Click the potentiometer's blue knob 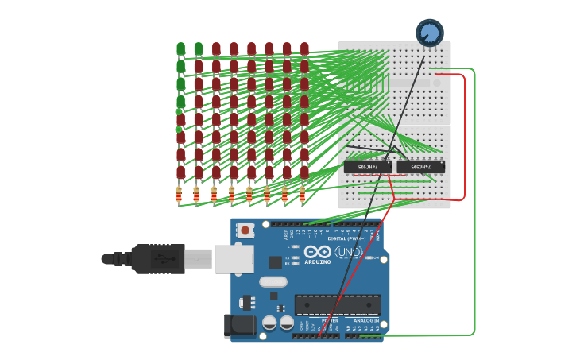coord(429,33)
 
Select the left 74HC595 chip coord(367,166)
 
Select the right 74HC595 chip coord(420,166)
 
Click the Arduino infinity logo coord(318,252)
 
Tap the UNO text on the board coord(348,252)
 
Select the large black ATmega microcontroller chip coord(338,304)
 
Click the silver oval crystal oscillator coord(273,281)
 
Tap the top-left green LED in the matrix coord(180,49)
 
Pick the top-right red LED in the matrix coord(304,49)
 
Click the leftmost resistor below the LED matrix coord(178,194)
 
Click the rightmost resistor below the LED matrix coord(303,194)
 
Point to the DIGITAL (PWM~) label coord(347,238)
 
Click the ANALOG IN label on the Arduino coord(365,320)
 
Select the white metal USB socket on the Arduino coord(234,258)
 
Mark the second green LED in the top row coord(198,49)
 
